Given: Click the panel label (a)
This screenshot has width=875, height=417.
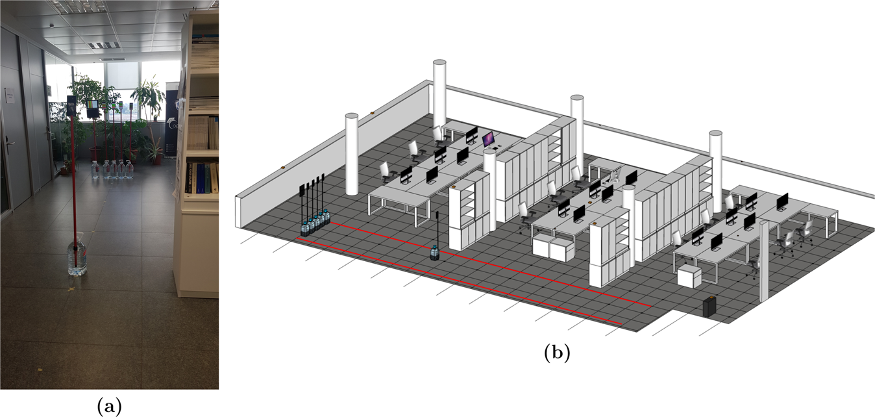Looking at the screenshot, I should (108, 406).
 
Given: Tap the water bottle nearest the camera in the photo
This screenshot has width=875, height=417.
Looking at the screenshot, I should (77, 257).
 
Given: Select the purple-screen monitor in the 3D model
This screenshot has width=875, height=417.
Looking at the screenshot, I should (488, 138).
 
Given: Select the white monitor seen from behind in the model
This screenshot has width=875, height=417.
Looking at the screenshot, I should (617, 174).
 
